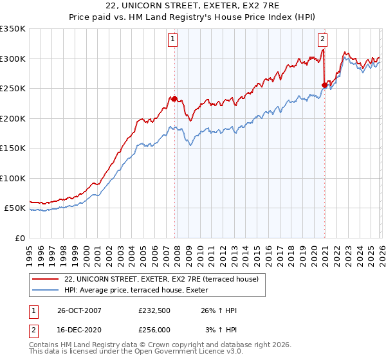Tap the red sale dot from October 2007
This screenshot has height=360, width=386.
(174, 98)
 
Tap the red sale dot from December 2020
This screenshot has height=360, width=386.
(324, 84)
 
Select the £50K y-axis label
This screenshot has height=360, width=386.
(15, 208)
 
